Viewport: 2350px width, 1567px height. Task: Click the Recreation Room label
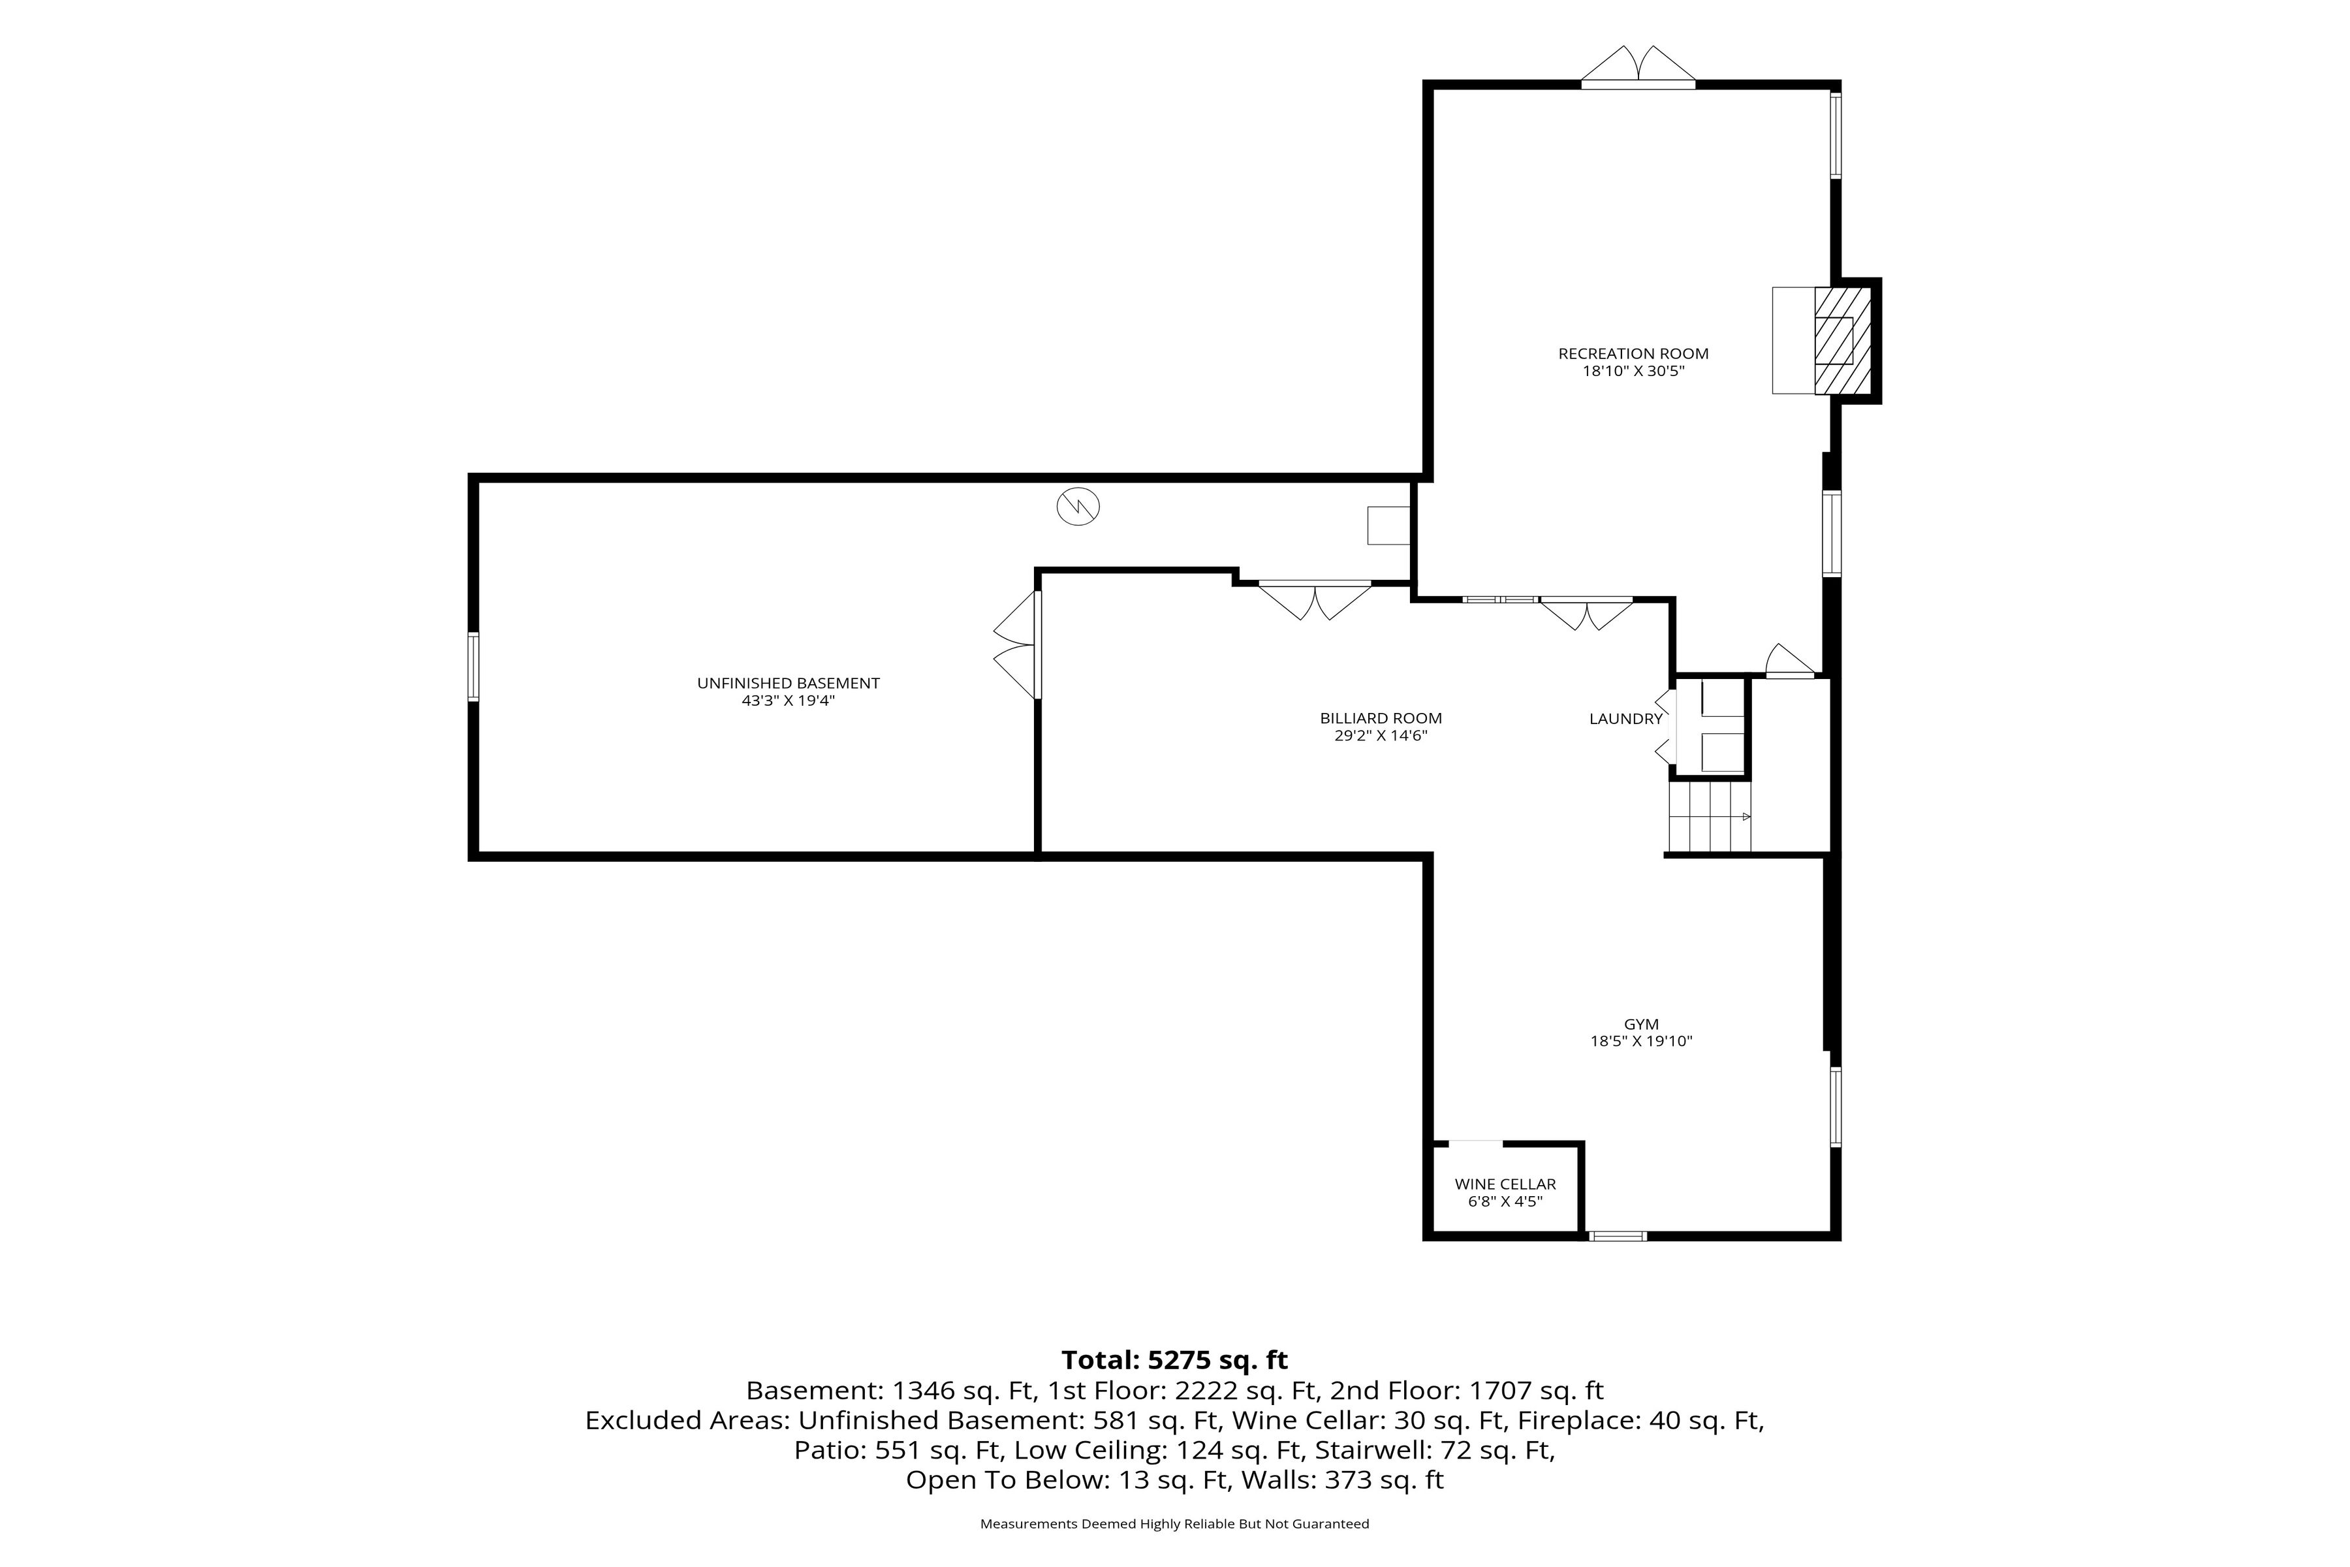click(x=1634, y=354)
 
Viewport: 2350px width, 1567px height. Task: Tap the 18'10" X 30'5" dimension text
click(x=1634, y=372)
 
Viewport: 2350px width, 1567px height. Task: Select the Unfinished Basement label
click(x=789, y=684)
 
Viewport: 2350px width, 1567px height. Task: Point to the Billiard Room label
click(x=1381, y=719)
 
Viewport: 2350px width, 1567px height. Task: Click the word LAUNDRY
click(x=1625, y=720)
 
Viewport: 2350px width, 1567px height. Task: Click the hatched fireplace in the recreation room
click(x=1842, y=341)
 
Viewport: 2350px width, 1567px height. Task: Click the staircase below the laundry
click(x=1710, y=817)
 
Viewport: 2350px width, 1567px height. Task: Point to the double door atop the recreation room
click(x=1638, y=66)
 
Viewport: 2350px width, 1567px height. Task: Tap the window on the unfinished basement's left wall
click(x=474, y=667)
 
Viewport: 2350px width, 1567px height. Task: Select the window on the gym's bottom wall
click(x=1618, y=1236)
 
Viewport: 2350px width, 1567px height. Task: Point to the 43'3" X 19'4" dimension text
click(x=789, y=701)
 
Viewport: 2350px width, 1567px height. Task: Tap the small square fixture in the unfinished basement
click(x=1389, y=526)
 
